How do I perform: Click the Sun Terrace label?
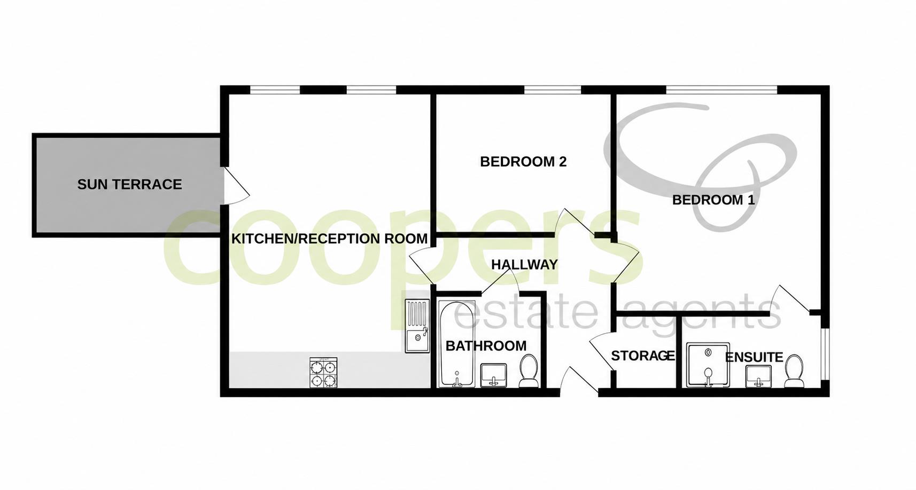pyautogui.click(x=130, y=185)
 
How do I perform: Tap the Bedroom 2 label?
pyautogui.click(x=523, y=162)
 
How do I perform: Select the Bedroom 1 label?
pyautogui.click(x=713, y=200)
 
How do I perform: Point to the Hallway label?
pyautogui.click(x=524, y=265)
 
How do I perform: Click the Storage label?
pyautogui.click(x=643, y=356)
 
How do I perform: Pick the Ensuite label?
pyautogui.click(x=754, y=357)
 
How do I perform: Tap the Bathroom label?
pyautogui.click(x=486, y=346)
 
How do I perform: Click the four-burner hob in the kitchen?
pyautogui.click(x=323, y=373)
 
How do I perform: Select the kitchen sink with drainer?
pyautogui.click(x=417, y=326)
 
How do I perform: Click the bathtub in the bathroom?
pyautogui.click(x=456, y=344)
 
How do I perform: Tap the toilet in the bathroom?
pyautogui.click(x=529, y=371)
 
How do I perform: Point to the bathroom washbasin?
pyautogui.click(x=494, y=375)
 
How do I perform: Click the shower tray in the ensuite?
pyautogui.click(x=708, y=365)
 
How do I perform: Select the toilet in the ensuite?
pyautogui.click(x=794, y=371)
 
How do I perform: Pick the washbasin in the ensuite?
pyautogui.click(x=758, y=376)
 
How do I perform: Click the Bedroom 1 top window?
pyautogui.click(x=722, y=90)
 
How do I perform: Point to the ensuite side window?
pyautogui.click(x=825, y=354)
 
